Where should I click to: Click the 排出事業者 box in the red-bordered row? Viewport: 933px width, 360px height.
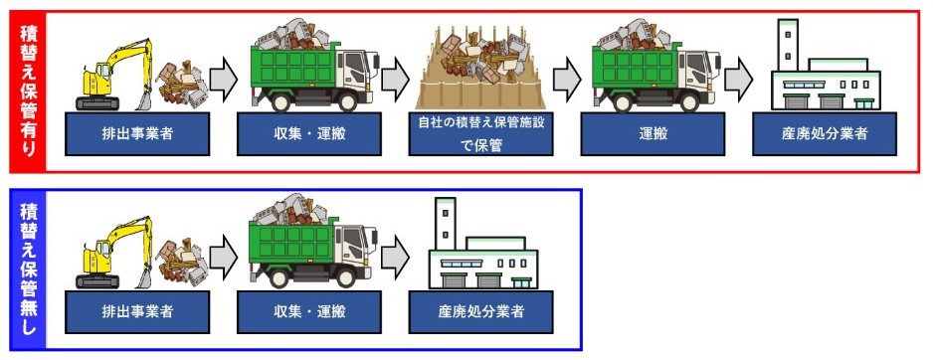137,134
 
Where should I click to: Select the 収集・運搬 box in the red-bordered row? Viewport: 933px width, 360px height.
308,134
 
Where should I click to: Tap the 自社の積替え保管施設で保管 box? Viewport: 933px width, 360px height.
480,134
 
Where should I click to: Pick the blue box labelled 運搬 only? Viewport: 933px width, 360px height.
653,134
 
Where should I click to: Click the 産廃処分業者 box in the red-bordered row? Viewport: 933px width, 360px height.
825,134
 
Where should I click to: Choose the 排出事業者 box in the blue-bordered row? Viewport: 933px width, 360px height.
137,312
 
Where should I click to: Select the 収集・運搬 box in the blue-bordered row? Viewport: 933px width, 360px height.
308,312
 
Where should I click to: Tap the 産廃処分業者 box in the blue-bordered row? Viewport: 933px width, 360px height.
480,312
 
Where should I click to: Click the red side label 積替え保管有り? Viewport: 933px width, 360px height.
28,91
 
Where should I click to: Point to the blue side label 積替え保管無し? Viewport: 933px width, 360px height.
28,270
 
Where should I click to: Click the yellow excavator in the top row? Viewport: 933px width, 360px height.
114,76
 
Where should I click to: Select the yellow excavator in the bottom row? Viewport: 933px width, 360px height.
114,253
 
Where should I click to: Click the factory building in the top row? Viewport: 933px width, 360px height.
825,66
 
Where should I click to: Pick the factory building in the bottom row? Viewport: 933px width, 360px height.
482,244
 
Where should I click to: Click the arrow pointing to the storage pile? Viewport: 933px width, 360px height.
395,78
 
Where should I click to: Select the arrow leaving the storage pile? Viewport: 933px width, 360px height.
567,78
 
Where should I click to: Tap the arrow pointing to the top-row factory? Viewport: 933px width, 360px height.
738,78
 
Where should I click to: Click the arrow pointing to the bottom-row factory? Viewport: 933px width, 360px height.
395,256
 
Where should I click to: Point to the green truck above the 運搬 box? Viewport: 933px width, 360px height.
656,66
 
